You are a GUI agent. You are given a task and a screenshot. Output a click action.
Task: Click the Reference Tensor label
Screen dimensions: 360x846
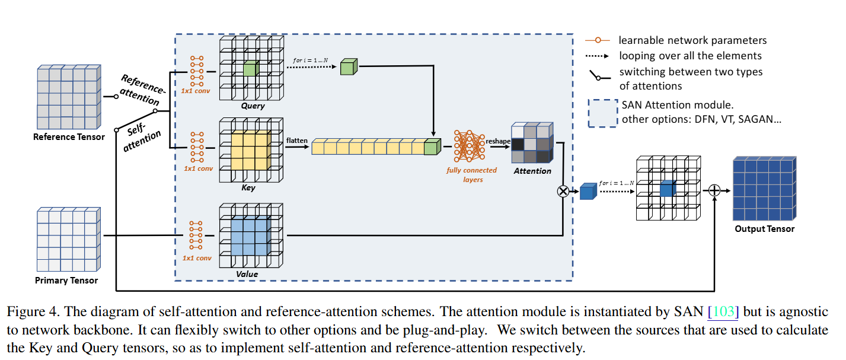point(69,137)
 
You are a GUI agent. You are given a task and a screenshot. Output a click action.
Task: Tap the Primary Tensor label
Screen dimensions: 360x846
point(66,281)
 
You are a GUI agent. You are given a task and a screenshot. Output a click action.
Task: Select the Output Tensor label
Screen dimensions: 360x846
point(764,229)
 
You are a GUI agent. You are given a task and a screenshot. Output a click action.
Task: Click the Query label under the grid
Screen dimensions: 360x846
point(253,106)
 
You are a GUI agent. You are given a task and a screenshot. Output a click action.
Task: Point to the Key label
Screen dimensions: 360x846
point(248,187)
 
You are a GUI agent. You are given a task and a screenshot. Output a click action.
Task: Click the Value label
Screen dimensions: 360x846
point(247,274)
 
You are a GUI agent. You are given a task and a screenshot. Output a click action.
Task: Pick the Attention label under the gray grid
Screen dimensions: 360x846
point(532,171)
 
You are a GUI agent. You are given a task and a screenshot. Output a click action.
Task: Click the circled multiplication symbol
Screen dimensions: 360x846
point(562,191)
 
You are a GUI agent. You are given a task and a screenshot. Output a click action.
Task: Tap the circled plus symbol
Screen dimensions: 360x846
point(714,190)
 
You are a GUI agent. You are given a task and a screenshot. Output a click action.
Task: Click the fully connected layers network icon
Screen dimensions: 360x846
point(472,145)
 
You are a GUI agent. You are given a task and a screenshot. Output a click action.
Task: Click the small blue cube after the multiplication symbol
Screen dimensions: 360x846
point(587,191)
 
